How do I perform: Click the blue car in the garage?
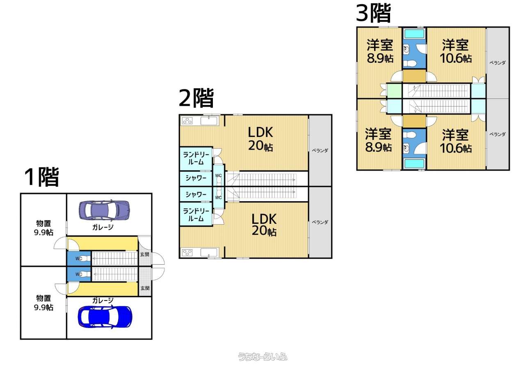[x=105, y=316]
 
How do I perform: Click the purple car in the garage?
[x=104, y=209]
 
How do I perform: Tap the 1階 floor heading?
[x=41, y=177]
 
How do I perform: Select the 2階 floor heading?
[x=196, y=98]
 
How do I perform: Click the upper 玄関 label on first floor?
[x=145, y=255]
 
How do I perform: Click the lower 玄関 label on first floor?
[x=145, y=288]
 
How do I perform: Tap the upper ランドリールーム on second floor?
[x=196, y=158]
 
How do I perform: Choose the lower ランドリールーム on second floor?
[x=196, y=214]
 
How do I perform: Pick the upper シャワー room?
[x=196, y=178]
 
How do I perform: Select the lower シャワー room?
[x=196, y=194]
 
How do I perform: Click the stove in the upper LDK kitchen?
[x=187, y=121]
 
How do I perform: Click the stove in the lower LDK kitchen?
[x=187, y=252]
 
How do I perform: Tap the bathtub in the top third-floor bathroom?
[x=414, y=33]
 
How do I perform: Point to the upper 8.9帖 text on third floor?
[x=380, y=59]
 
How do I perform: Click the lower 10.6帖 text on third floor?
[x=455, y=148]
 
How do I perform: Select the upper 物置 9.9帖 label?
[x=43, y=228]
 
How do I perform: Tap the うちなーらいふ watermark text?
[x=262, y=357]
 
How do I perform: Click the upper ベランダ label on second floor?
[x=320, y=150]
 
